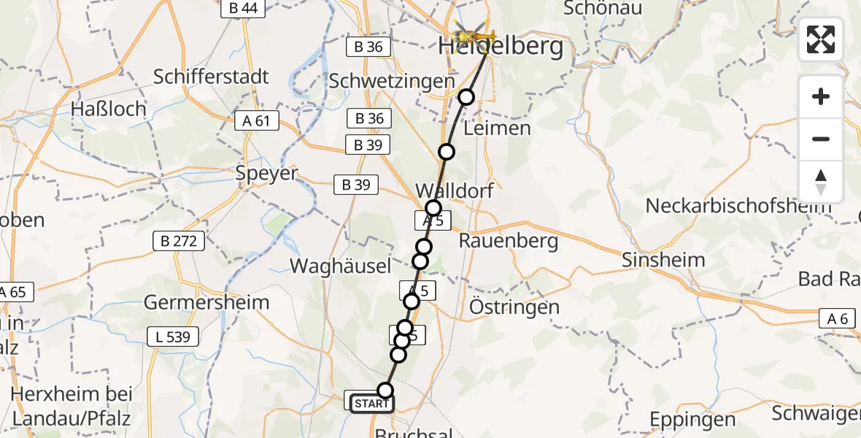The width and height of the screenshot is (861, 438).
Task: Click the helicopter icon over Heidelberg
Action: [474, 34]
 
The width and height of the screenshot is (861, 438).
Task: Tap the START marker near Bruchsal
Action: [372, 403]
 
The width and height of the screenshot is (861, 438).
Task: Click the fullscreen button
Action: [821, 39]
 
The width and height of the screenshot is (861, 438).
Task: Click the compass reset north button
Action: [821, 182]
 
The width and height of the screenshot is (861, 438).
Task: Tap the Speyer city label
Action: [267, 174]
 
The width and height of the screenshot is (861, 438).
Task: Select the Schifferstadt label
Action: [212, 77]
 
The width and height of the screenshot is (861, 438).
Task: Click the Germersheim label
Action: [206, 302]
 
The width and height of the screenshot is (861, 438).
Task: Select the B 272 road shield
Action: [179, 241]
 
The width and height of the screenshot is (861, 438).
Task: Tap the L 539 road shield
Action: [173, 337]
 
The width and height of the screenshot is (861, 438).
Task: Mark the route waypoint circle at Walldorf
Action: [433, 207]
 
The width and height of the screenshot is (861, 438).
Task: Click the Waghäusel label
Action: [341, 266]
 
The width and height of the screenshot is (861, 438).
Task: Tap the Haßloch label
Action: [109, 109]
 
